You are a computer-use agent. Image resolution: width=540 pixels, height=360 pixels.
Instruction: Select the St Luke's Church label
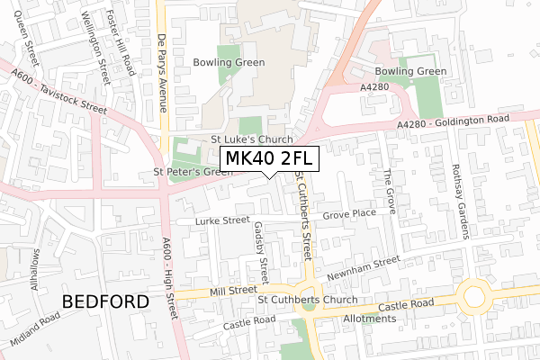point(252,139)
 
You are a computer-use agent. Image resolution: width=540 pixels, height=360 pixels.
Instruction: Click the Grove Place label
point(349,215)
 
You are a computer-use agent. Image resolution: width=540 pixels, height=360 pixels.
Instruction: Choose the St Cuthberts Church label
point(309,299)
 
